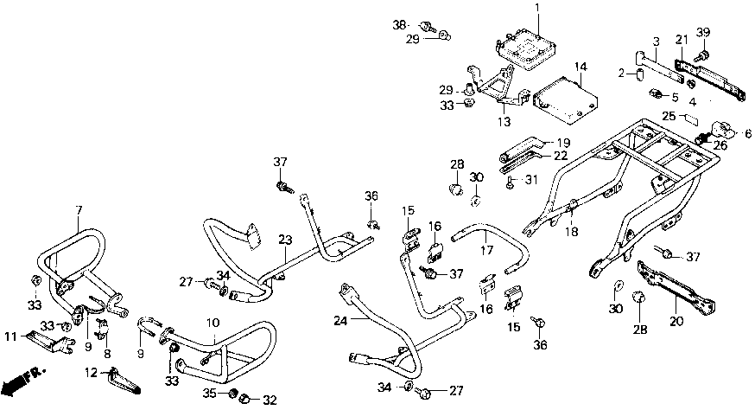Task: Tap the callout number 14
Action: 581,67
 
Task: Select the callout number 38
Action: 399,24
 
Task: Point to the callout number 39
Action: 703,32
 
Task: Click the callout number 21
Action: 682,40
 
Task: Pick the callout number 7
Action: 79,210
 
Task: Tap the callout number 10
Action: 213,323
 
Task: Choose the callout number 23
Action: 285,240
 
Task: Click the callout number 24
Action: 341,320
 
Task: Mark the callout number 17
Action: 487,250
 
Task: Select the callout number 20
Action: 676,321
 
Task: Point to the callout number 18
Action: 572,232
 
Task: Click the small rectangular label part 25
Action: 691,118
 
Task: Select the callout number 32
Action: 270,400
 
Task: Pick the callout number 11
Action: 11,336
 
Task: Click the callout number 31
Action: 531,180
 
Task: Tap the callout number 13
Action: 504,122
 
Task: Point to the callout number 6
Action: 748,133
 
